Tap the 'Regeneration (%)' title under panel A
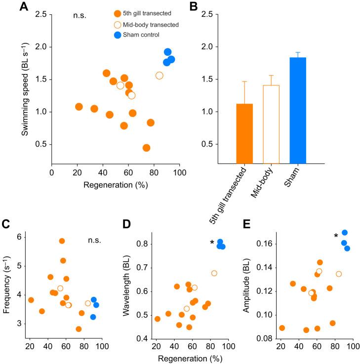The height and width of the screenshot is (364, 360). point(115,185)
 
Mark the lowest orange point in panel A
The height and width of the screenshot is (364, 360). point(146,148)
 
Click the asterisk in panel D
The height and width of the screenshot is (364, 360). point(212,243)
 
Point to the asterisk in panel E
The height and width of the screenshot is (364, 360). point(336,236)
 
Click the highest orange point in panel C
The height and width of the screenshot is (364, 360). point(62,241)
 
